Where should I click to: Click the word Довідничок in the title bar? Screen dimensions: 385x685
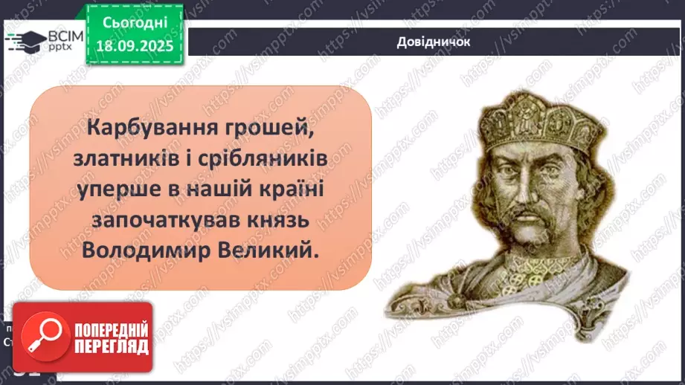[433, 41]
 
